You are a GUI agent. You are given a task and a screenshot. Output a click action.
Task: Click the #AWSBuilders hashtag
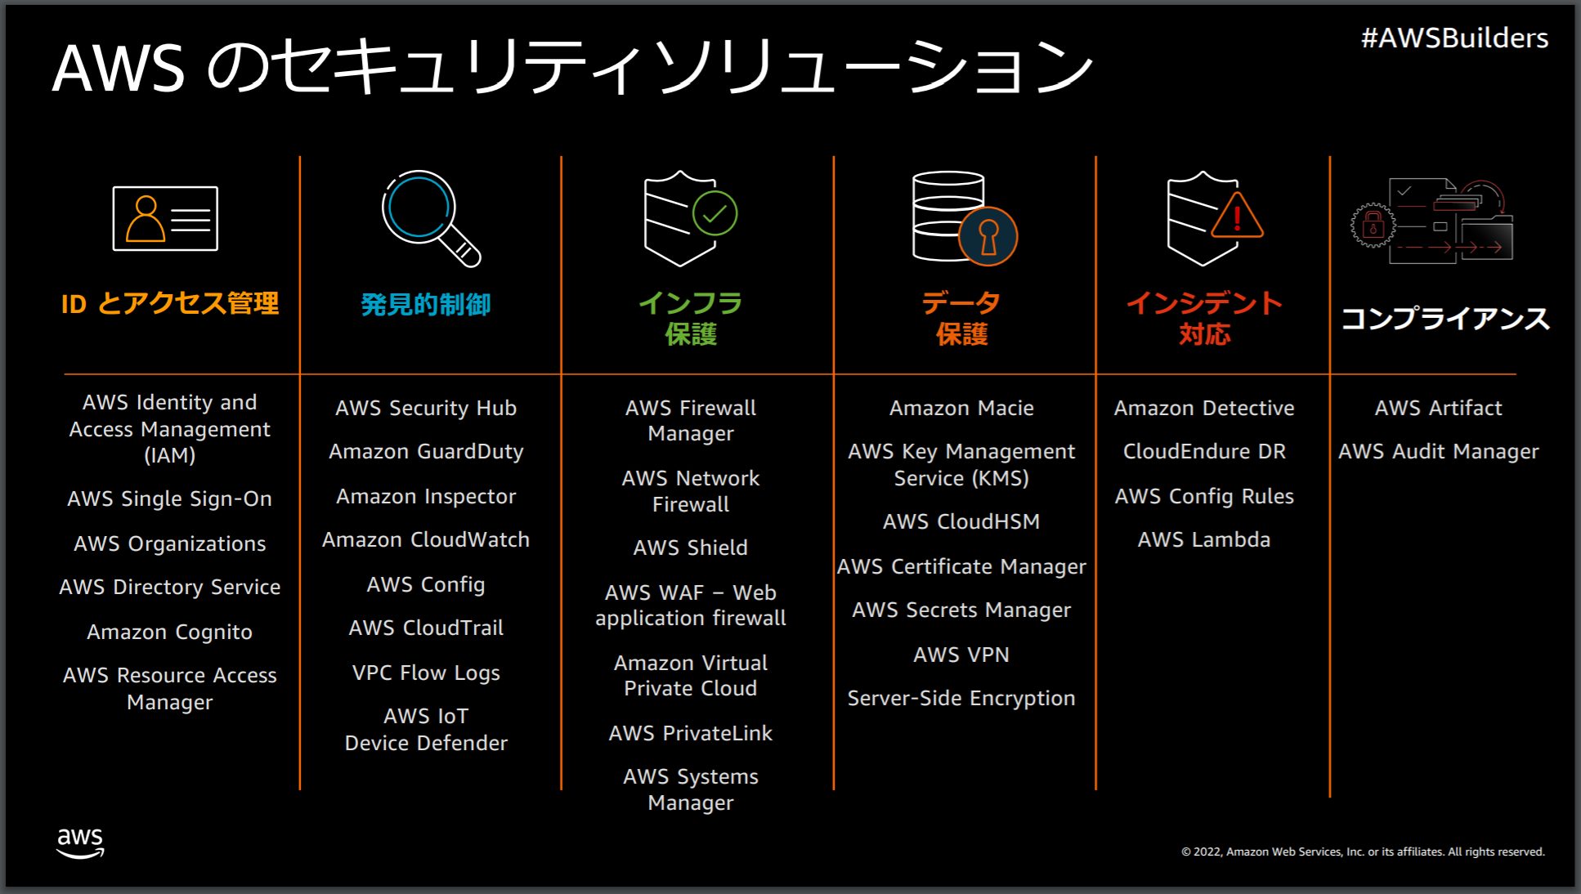[x=1454, y=38]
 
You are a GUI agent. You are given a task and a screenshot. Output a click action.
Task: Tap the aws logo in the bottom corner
[x=80, y=843]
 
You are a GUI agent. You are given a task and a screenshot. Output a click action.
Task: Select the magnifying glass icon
[x=430, y=217]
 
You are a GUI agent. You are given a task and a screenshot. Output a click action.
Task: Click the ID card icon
[x=165, y=218]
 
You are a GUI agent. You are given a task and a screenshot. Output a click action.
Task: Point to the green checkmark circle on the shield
[x=714, y=213]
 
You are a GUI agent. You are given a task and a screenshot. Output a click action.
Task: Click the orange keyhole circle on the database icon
[x=988, y=236]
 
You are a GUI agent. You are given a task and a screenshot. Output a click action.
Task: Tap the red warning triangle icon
[x=1237, y=217]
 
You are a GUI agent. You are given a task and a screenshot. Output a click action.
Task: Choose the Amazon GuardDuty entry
[x=426, y=452]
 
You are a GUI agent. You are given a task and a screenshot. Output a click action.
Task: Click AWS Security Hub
[x=426, y=408]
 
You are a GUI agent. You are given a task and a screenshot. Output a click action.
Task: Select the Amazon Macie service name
[x=961, y=408]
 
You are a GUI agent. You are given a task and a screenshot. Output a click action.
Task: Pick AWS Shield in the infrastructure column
[x=690, y=548]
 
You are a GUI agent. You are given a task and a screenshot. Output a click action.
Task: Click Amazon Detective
[x=1203, y=408]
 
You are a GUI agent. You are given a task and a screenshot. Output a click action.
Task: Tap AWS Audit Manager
[x=1438, y=452]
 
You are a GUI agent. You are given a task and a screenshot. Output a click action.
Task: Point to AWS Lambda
[x=1203, y=539]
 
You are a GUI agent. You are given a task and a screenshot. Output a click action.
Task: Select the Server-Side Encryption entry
[x=961, y=699]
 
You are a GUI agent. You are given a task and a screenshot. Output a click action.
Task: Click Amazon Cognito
[x=169, y=633]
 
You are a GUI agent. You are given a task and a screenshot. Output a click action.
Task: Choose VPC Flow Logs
[x=426, y=673]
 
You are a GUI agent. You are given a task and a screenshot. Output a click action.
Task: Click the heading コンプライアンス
[x=1444, y=318]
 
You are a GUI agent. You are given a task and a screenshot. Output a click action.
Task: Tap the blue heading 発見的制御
[x=426, y=305]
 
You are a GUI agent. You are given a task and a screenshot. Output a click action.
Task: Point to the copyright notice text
[x=1363, y=852]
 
